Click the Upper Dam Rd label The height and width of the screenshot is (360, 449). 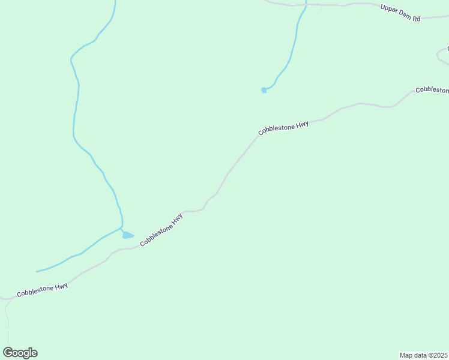point(400,13)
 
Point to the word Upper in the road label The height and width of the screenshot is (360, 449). point(389,10)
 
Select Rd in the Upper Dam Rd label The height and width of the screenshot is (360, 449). point(415,17)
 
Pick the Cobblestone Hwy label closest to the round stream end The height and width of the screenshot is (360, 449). point(283,128)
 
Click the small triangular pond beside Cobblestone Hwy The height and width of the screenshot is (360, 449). point(127,235)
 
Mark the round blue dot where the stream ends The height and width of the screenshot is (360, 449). point(264,90)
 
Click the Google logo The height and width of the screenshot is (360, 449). point(20,353)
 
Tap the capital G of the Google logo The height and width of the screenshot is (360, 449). point(8,352)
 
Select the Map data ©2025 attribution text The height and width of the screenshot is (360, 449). point(424,355)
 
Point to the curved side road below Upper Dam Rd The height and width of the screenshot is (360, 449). point(441,56)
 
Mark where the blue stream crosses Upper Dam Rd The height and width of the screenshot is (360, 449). point(306,5)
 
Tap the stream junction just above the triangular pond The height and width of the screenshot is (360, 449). point(121,228)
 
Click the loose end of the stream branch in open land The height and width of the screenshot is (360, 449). point(37,272)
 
